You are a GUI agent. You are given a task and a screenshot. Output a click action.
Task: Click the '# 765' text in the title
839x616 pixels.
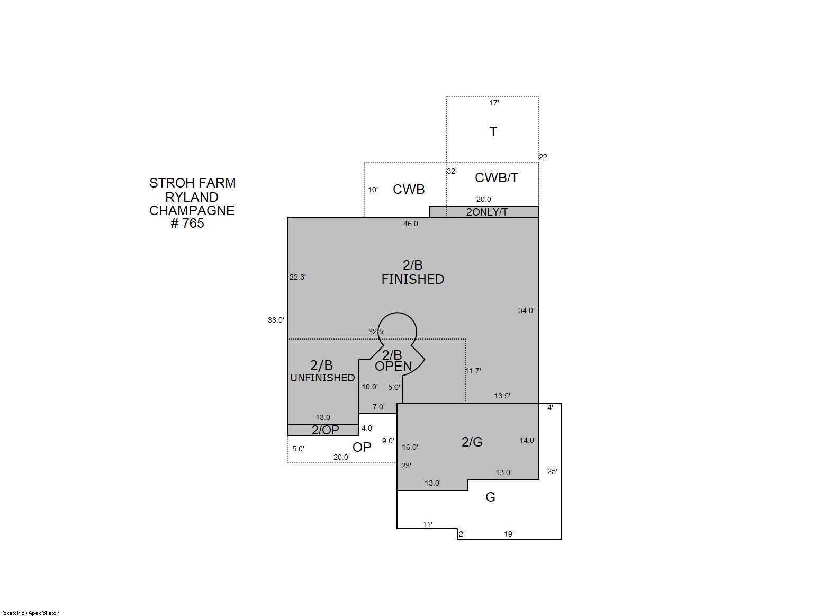point(187,224)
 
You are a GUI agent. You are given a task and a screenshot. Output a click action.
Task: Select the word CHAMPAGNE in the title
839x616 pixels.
point(192,211)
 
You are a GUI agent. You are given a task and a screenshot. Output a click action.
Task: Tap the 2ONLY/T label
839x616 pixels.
point(487,212)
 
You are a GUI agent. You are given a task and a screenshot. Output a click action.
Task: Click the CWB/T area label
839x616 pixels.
point(497,177)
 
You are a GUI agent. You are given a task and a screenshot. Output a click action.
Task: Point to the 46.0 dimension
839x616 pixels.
point(411,224)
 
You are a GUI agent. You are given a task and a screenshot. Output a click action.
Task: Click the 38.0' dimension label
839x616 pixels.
point(276,320)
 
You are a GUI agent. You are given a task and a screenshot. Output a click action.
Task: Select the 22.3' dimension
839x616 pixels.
point(297,277)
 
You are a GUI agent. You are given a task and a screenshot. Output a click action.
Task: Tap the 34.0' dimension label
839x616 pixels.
point(526,310)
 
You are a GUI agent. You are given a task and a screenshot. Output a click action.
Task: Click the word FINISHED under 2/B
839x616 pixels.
point(413,280)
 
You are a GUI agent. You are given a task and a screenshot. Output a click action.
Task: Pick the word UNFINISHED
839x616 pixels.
point(322,378)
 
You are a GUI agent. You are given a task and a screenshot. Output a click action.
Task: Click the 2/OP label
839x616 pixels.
point(325,430)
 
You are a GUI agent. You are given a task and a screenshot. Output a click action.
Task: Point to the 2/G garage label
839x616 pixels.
point(472,442)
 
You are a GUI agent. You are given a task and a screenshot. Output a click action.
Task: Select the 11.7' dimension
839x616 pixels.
point(473,371)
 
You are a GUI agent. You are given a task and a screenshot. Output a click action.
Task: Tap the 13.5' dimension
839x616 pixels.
point(502,396)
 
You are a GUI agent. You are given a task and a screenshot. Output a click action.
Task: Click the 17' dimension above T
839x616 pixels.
point(494,103)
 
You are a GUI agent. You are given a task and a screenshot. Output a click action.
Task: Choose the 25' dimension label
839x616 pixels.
point(552,471)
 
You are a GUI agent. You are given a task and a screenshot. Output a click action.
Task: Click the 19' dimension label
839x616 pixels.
point(509,534)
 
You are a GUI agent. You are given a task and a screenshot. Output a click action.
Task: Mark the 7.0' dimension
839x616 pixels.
point(378,407)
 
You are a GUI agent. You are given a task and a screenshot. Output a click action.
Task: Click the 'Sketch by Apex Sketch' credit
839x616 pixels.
point(31,613)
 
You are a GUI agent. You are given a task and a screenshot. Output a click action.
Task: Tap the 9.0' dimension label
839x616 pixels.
point(388,441)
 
